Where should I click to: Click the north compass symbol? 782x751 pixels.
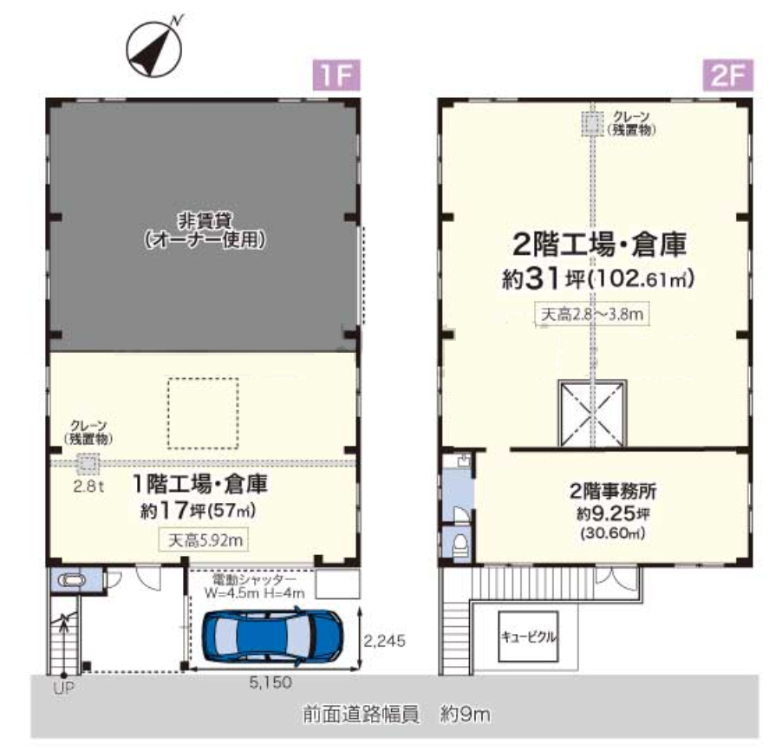[153, 47]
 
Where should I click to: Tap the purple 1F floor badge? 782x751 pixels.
[336, 76]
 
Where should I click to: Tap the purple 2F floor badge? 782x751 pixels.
[727, 76]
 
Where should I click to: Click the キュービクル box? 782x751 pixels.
[528, 636]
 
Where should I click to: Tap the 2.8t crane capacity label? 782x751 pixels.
[88, 486]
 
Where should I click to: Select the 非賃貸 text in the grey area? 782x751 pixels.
[203, 220]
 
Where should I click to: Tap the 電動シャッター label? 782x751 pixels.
[254, 578]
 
